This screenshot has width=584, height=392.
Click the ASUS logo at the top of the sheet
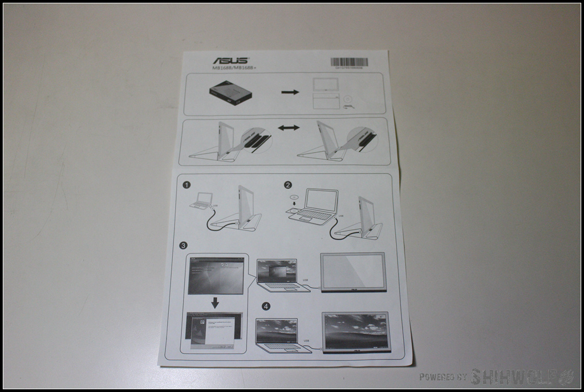pos(230,60)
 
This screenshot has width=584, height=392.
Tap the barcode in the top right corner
pos(348,62)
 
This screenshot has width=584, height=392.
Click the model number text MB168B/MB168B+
pos(234,68)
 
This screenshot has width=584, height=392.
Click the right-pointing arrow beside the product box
pos(290,92)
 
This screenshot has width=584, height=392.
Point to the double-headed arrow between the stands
pos(289,128)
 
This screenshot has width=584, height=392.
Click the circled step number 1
pos(186,185)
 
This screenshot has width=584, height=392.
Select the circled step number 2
pos(288,185)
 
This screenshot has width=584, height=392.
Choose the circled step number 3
pos(183,245)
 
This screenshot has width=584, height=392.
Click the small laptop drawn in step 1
pos(202,200)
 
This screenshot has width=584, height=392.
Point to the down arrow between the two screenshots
pos(215,303)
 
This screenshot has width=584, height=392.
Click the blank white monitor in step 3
pos(353,272)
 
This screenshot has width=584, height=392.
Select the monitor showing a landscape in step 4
pos(356,332)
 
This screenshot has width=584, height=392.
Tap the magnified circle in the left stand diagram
pos(255,140)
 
